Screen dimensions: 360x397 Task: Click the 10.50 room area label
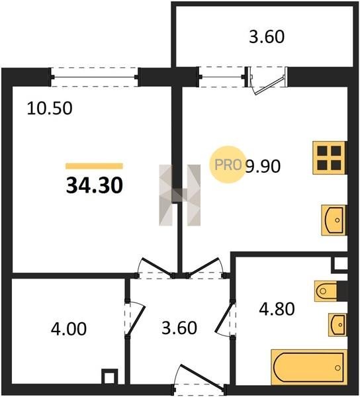click(50, 109)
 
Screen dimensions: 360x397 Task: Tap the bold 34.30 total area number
click(95, 185)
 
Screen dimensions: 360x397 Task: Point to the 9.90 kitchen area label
click(263, 166)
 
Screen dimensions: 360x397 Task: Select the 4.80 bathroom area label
click(277, 309)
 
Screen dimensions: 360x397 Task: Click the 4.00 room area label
click(69, 329)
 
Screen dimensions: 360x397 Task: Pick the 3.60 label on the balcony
click(267, 37)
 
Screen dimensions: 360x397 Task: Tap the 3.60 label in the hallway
click(179, 328)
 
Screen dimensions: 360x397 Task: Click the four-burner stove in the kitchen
click(330, 157)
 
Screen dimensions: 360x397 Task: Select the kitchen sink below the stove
click(334, 220)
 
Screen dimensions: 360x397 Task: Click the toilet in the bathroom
click(326, 291)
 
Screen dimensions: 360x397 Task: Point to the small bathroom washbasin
click(337, 325)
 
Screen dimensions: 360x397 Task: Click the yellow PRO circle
click(228, 165)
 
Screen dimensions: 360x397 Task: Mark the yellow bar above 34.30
click(94, 166)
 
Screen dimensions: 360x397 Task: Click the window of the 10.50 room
click(95, 77)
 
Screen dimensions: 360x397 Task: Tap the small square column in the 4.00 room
click(110, 376)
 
